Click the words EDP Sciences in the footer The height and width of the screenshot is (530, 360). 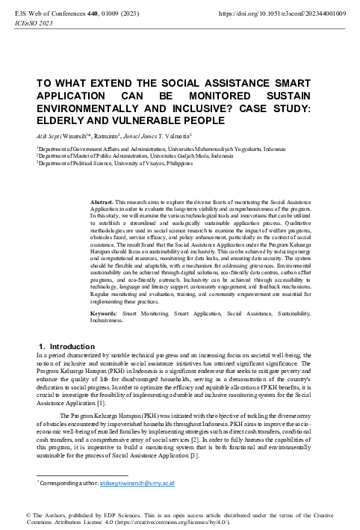pyautogui.click(x=109, y=515)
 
